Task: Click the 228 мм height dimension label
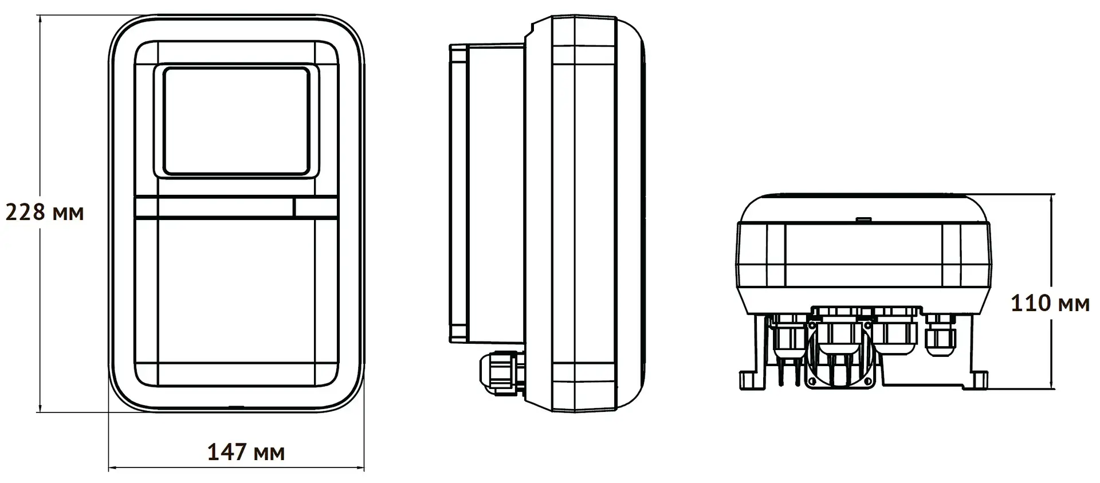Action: [x=44, y=213]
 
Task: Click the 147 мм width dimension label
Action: [x=245, y=453]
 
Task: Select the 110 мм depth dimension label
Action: [x=1050, y=303]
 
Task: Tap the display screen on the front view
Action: [x=237, y=120]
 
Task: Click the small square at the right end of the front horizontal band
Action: [x=315, y=207]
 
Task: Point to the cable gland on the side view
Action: [x=501, y=372]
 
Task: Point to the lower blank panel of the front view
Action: [x=237, y=292]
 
